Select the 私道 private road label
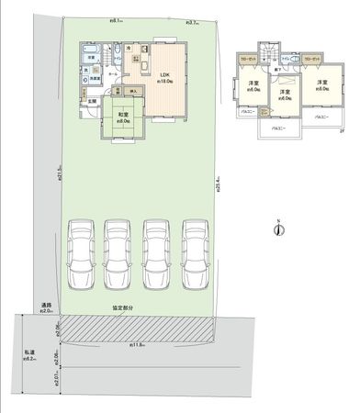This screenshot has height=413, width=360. pos(30,352)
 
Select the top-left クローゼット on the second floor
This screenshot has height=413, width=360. pos(248,59)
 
